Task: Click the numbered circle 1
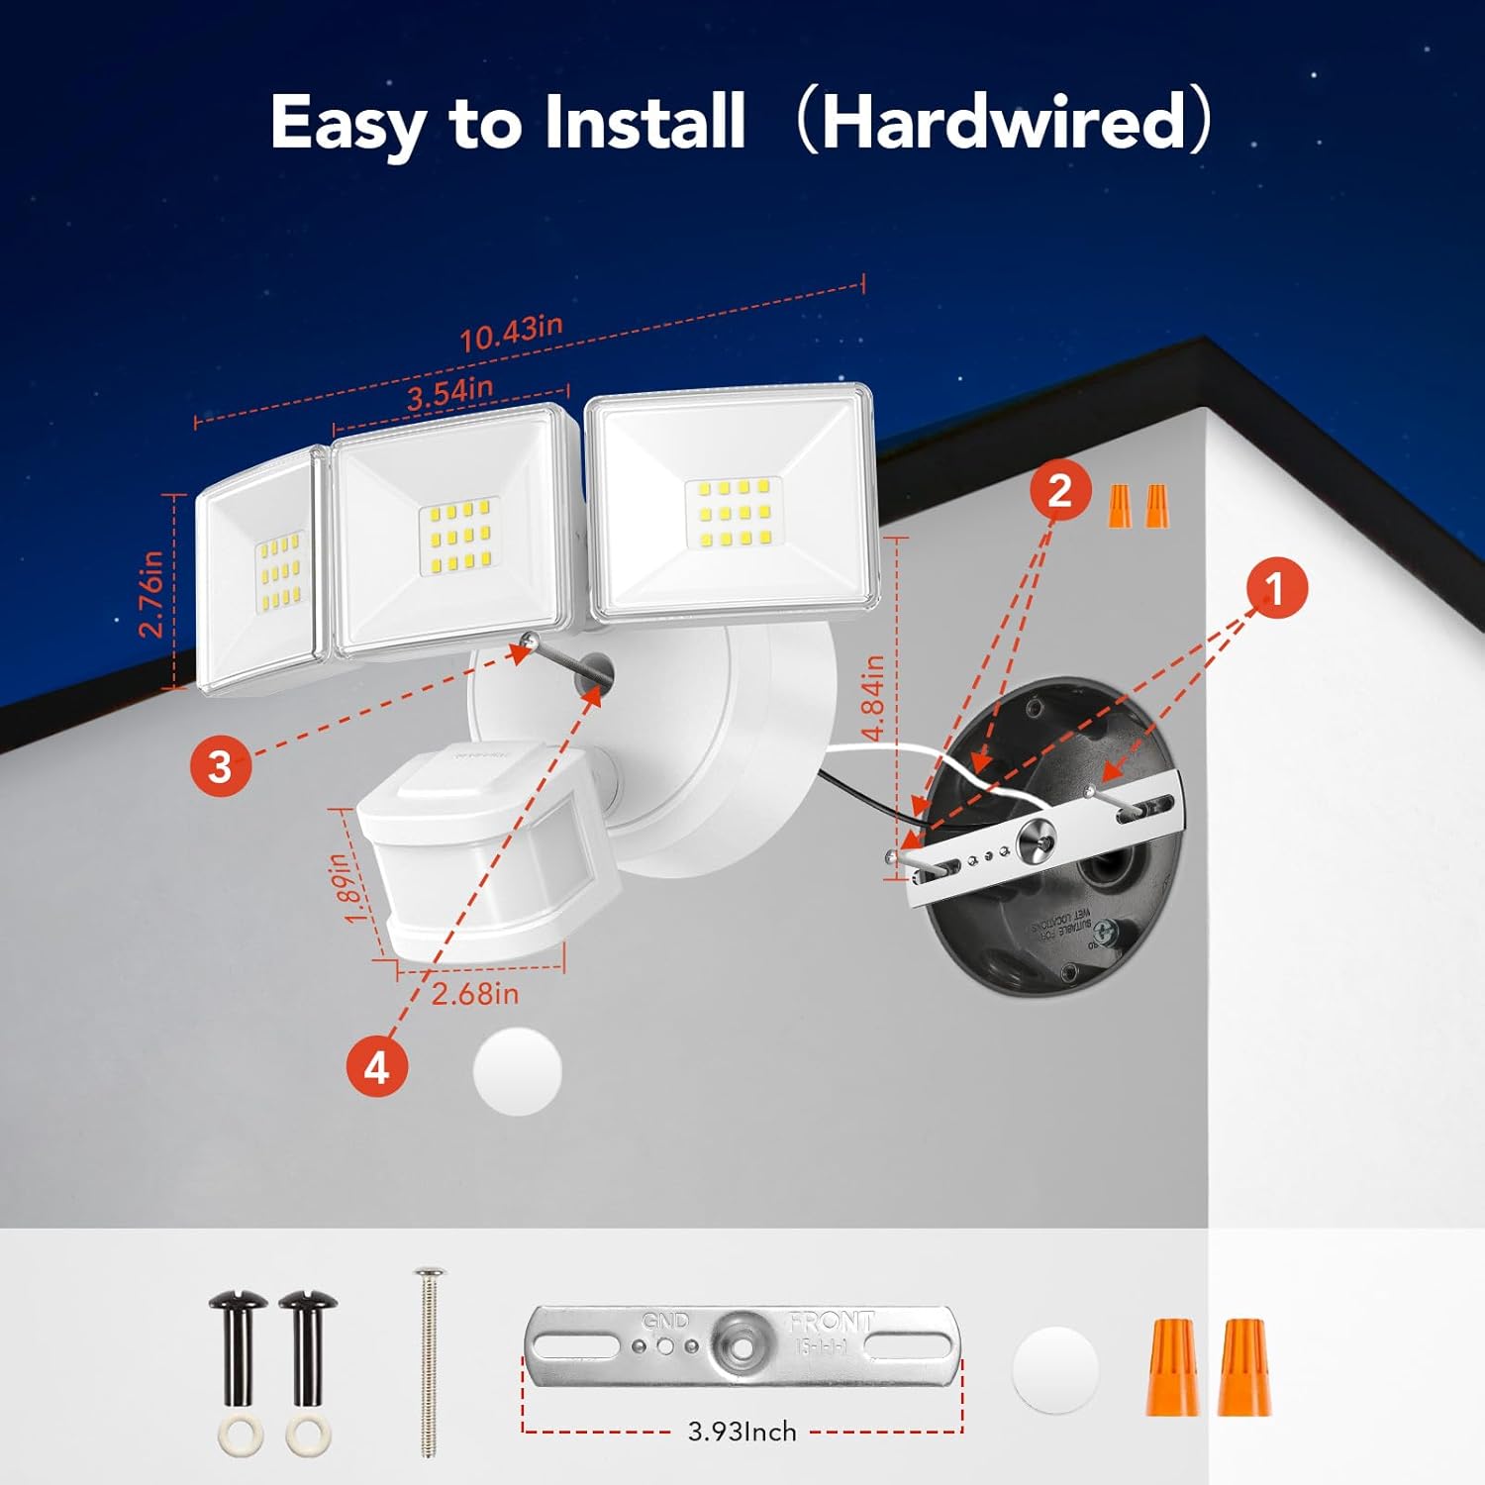(x=1274, y=588)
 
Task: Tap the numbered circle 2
(x=1059, y=490)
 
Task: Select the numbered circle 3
(x=220, y=765)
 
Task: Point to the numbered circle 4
(x=377, y=1068)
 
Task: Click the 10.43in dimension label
(x=511, y=333)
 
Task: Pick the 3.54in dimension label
(x=449, y=394)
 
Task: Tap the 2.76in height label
(x=150, y=594)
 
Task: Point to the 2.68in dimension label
(x=475, y=993)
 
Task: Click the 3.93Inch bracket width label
(x=742, y=1432)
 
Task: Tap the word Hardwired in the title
(x=1003, y=122)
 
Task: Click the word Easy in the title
(x=347, y=124)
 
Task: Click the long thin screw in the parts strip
(x=430, y=1361)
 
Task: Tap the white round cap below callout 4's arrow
(x=518, y=1072)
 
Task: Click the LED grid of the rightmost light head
(x=734, y=513)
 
